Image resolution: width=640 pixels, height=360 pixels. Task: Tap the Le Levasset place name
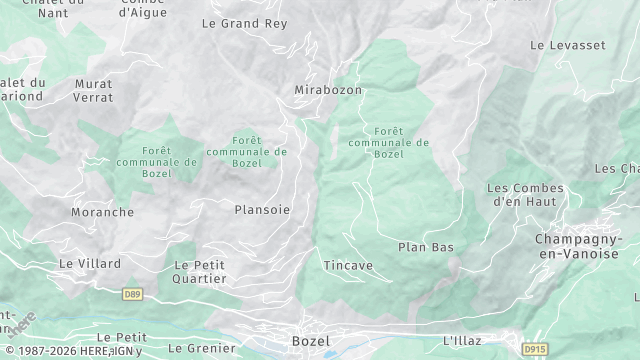pyautogui.click(x=568, y=45)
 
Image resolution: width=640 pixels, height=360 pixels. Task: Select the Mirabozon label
pyautogui.click(x=328, y=90)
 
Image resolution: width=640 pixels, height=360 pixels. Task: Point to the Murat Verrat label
pyautogui.click(x=93, y=90)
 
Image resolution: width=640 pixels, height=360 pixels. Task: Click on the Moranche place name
pyautogui.click(x=102, y=212)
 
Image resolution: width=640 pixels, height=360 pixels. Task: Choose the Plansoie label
pyautogui.click(x=262, y=209)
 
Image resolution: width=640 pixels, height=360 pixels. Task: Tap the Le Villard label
pyautogui.click(x=90, y=263)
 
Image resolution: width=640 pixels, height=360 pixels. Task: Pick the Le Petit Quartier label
pyautogui.click(x=199, y=271)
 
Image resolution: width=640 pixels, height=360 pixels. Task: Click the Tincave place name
pyautogui.click(x=348, y=265)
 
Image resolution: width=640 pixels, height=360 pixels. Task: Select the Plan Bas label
pyautogui.click(x=426, y=247)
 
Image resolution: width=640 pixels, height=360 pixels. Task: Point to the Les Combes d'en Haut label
pyautogui.click(x=525, y=194)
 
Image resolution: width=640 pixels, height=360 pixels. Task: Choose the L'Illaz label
pyautogui.click(x=462, y=341)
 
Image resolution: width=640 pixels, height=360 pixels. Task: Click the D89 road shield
pyautogui.click(x=132, y=294)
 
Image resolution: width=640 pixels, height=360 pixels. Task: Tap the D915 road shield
pyautogui.click(x=535, y=349)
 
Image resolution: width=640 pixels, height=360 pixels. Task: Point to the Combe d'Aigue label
pyautogui.click(x=142, y=8)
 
